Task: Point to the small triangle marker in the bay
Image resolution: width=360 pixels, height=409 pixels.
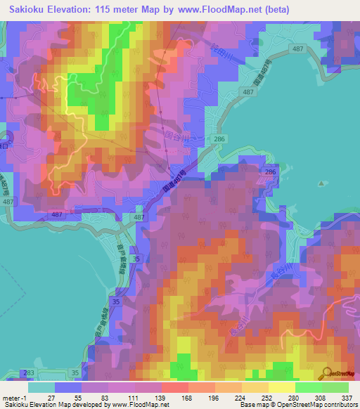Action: tap(321, 185)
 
